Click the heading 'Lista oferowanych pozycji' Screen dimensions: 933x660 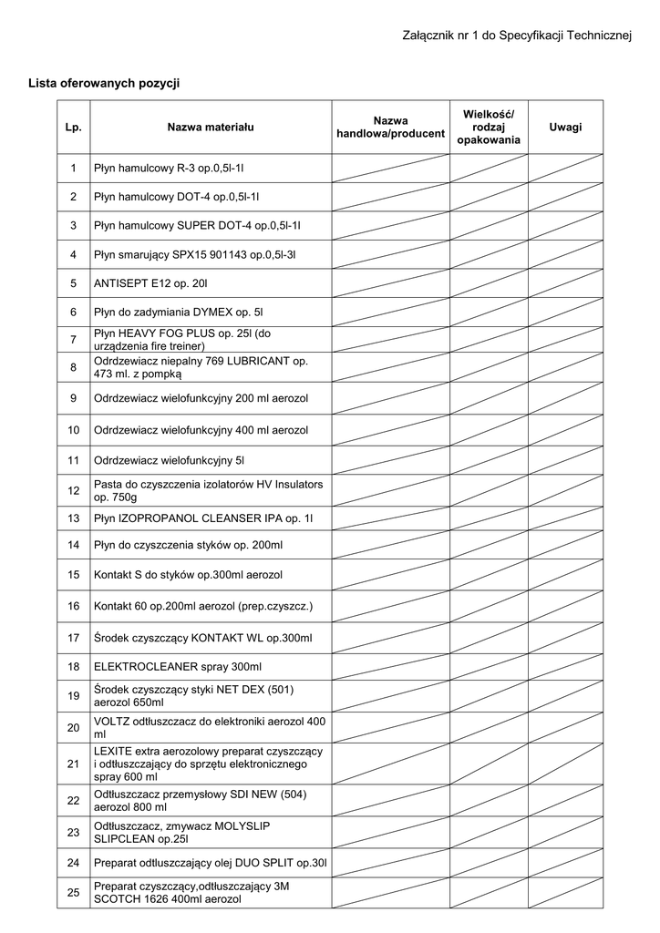[105, 83]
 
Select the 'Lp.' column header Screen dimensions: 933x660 [74, 128]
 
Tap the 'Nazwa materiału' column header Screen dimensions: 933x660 [210, 128]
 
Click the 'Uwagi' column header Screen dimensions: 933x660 [565, 128]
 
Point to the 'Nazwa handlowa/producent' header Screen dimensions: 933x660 [390, 128]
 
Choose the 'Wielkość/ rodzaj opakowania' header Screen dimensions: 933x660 [489, 128]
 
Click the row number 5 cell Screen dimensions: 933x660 [74, 284]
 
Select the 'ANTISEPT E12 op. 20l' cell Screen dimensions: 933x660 [150, 284]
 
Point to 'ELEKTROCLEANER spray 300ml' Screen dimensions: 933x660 [178, 668]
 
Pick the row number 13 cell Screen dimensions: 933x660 [74, 518]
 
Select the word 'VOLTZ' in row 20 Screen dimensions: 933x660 [111, 722]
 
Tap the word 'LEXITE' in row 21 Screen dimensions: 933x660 [113, 751]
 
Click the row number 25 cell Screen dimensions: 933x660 [74, 893]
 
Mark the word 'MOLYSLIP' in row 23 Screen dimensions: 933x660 [238, 825]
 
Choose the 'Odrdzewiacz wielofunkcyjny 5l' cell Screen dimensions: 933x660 [170, 460]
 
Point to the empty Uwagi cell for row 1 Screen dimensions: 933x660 [565, 169]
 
